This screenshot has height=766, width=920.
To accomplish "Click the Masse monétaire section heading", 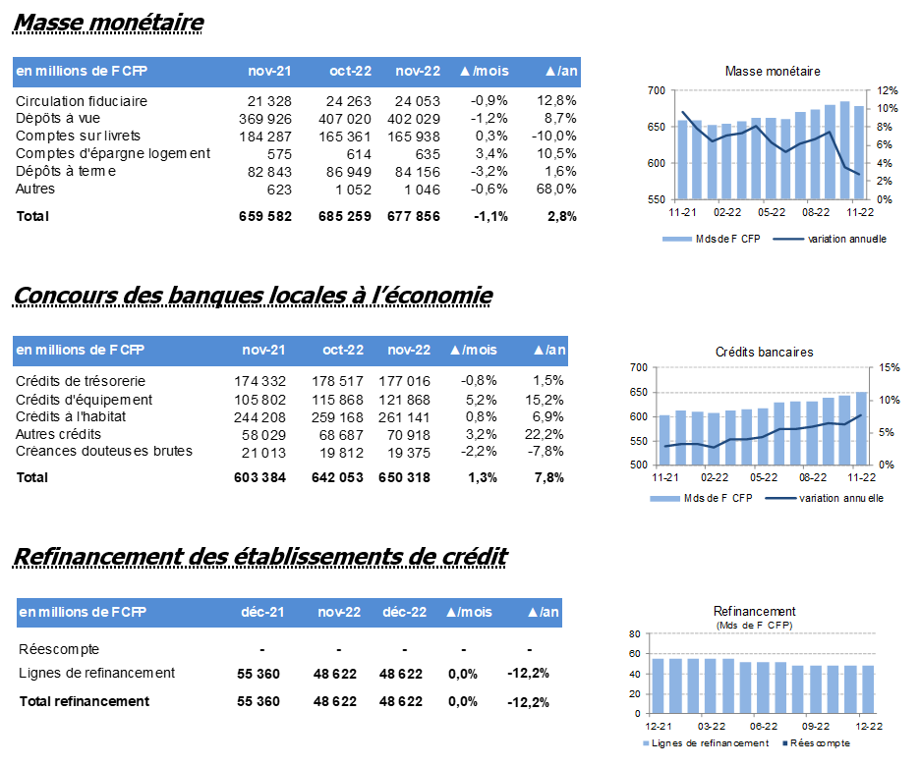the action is (108, 23).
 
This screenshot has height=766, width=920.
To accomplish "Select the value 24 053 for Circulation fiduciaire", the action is (417, 101).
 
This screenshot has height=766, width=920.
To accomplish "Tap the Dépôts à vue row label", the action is (57, 119).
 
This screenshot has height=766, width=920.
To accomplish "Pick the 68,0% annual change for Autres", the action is (556, 190).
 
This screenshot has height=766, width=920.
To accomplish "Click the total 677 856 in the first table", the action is (414, 216).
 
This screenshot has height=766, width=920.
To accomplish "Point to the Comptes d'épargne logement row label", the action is (113, 153).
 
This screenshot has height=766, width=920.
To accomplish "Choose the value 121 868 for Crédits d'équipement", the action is (404, 400).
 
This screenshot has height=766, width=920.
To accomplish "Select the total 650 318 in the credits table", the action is (404, 477).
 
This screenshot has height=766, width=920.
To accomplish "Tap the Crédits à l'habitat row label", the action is (71, 416).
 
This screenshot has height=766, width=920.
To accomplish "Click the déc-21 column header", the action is (262, 612).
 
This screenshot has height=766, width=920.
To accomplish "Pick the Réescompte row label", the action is (59, 649).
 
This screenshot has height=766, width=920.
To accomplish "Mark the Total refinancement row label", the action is (84, 701).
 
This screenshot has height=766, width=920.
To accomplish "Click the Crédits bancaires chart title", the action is (764, 353).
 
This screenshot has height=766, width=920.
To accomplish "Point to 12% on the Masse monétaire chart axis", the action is (888, 91).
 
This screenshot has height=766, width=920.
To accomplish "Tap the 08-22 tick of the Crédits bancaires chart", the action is (812, 477).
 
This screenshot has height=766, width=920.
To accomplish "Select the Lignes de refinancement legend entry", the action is (706, 743).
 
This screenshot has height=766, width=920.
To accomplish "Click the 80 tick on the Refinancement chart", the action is (635, 633).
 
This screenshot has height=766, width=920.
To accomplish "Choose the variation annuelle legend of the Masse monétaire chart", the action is (830, 239).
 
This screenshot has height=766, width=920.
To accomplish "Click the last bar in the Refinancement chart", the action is (868, 689).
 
